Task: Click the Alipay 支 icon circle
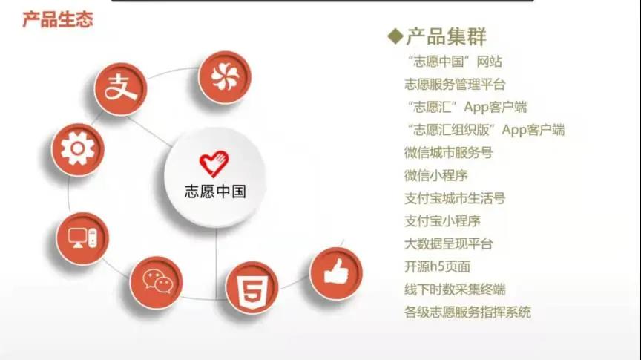[x=121, y=89]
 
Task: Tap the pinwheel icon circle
[x=225, y=77]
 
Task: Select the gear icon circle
[x=78, y=150]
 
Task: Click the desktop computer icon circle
[x=82, y=238]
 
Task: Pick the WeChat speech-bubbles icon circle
[x=156, y=282]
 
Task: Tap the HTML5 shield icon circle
[x=252, y=287]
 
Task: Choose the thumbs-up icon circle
[x=336, y=273]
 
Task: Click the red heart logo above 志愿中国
[x=214, y=164]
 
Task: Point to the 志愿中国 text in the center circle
[x=215, y=191]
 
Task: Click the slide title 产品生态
[x=58, y=19]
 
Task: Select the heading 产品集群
[x=447, y=36]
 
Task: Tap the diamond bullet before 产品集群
[x=395, y=36]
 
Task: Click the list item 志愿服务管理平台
[x=455, y=85]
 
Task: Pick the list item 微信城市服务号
[x=448, y=153]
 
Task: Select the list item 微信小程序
[x=435, y=175]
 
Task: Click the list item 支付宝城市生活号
[x=455, y=198]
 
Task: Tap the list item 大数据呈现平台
[x=448, y=244]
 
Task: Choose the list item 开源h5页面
[x=437, y=266]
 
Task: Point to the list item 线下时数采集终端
[x=455, y=289]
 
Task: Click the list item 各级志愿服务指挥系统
[x=467, y=312]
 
